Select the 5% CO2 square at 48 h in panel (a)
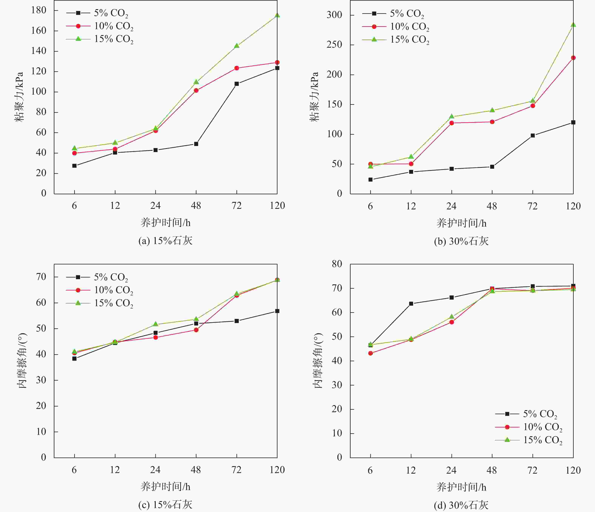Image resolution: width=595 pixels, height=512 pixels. (196, 144)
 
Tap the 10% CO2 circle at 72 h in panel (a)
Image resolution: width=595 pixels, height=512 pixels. (237, 68)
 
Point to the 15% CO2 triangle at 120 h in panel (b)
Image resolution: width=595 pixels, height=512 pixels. (573, 25)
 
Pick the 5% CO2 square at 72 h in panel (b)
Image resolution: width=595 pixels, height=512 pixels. (533, 135)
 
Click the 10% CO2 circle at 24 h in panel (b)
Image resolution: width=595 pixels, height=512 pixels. (452, 123)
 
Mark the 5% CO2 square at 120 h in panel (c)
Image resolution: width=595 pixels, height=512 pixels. (277, 311)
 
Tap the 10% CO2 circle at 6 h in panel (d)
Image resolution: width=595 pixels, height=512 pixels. (370, 353)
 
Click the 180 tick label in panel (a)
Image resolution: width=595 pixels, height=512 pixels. (39, 10)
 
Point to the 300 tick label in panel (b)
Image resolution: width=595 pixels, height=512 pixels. (334, 15)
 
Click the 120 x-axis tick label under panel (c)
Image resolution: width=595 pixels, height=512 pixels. (277, 470)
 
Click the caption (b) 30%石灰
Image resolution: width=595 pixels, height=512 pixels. (461, 241)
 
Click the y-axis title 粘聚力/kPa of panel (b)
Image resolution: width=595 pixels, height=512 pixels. (314, 97)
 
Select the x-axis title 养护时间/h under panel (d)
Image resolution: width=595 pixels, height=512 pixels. (461, 487)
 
